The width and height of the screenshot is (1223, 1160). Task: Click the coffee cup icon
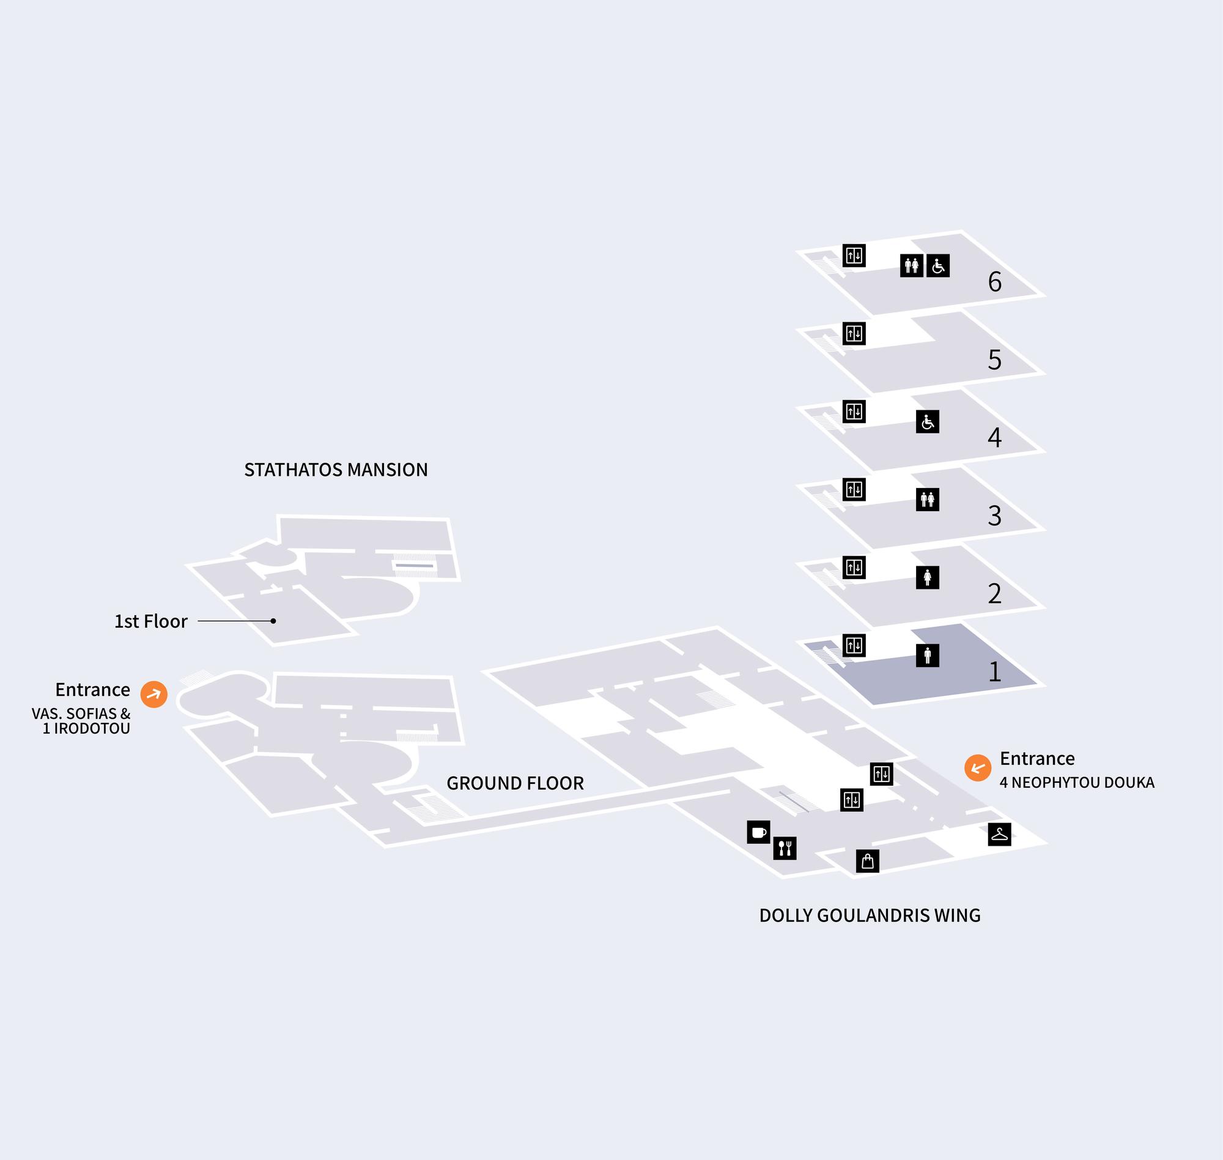click(758, 832)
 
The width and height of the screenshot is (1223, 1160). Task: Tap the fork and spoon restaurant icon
click(785, 848)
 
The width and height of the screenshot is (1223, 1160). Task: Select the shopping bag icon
click(868, 861)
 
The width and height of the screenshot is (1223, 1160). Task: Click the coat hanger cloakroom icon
click(999, 834)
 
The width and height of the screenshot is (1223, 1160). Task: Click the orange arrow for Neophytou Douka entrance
click(978, 768)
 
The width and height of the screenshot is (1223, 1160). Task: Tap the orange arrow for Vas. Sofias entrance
click(154, 695)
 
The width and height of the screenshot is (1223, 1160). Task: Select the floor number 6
click(994, 282)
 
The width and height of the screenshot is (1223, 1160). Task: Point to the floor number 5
click(994, 360)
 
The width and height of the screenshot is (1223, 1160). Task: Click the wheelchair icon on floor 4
click(928, 422)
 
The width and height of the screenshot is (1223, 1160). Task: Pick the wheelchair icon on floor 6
click(938, 266)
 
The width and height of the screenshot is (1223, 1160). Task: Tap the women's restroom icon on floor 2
click(928, 577)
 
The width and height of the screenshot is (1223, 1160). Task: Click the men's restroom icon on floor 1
click(928, 656)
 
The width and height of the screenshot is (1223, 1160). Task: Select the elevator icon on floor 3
click(854, 490)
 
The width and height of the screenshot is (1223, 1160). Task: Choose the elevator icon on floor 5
click(854, 334)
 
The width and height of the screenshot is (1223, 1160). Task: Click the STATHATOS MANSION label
click(336, 470)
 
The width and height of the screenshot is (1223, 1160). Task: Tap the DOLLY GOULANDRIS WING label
click(870, 915)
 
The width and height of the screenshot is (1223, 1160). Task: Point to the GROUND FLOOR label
click(515, 783)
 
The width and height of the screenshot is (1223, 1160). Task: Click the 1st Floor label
click(151, 621)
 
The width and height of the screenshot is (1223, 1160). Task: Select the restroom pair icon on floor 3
click(928, 500)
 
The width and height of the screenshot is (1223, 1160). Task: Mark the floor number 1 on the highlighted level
click(994, 671)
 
